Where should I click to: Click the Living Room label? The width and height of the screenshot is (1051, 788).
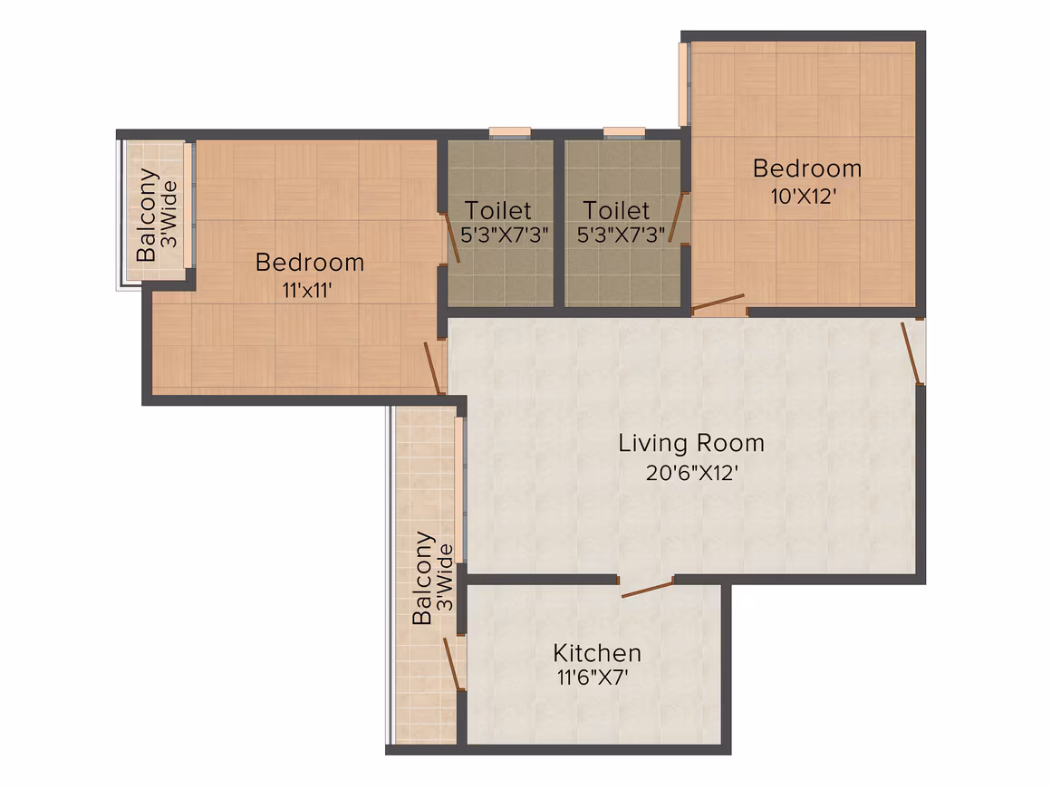(691, 443)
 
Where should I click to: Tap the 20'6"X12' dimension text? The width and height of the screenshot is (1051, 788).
(691, 473)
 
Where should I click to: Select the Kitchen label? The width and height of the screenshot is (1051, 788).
(597, 653)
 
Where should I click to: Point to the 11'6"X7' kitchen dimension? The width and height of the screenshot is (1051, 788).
(593, 677)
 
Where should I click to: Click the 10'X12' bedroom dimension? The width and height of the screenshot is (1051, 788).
(804, 197)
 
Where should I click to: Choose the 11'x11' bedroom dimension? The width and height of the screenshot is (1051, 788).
(308, 290)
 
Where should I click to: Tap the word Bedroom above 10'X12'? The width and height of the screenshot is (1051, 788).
(807, 168)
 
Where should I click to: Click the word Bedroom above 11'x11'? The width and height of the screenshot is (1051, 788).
(310, 262)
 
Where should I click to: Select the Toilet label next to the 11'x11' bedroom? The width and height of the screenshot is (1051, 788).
(498, 210)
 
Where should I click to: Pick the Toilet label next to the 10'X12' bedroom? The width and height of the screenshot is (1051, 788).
(616, 210)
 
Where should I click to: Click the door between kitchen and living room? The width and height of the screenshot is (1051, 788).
(647, 589)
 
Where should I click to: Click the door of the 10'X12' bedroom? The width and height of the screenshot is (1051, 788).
(718, 303)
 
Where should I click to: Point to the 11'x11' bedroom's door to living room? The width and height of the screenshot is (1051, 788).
(434, 369)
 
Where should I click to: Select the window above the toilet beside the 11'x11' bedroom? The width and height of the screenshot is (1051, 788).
(509, 132)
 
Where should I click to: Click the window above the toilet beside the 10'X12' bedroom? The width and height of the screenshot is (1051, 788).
(624, 132)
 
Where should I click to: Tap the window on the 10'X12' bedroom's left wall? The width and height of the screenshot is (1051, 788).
(684, 84)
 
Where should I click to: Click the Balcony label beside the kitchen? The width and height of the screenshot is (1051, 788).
(432, 578)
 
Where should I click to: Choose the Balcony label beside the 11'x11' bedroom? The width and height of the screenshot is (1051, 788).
(157, 215)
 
